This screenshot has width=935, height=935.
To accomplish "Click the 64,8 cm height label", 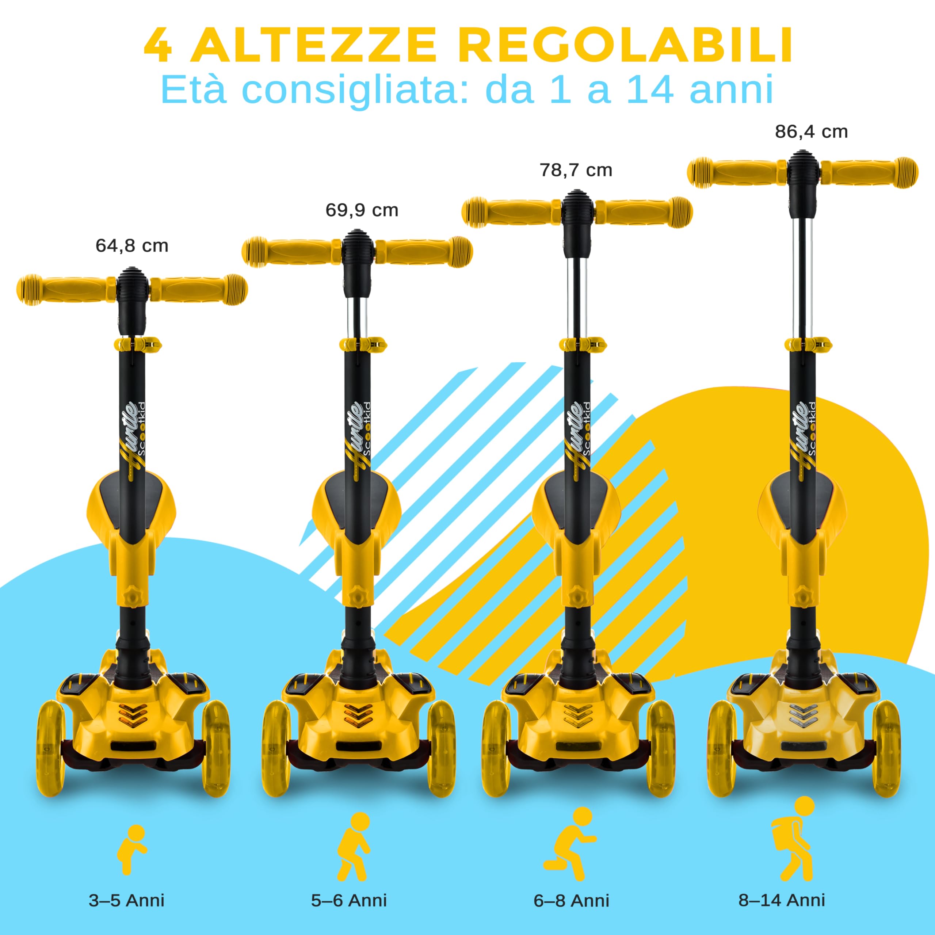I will [131, 246].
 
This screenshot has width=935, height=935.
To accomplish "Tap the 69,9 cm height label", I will [362, 210].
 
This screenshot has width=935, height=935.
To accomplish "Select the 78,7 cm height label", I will [576, 170].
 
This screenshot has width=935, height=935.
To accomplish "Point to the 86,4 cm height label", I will [811, 131].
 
